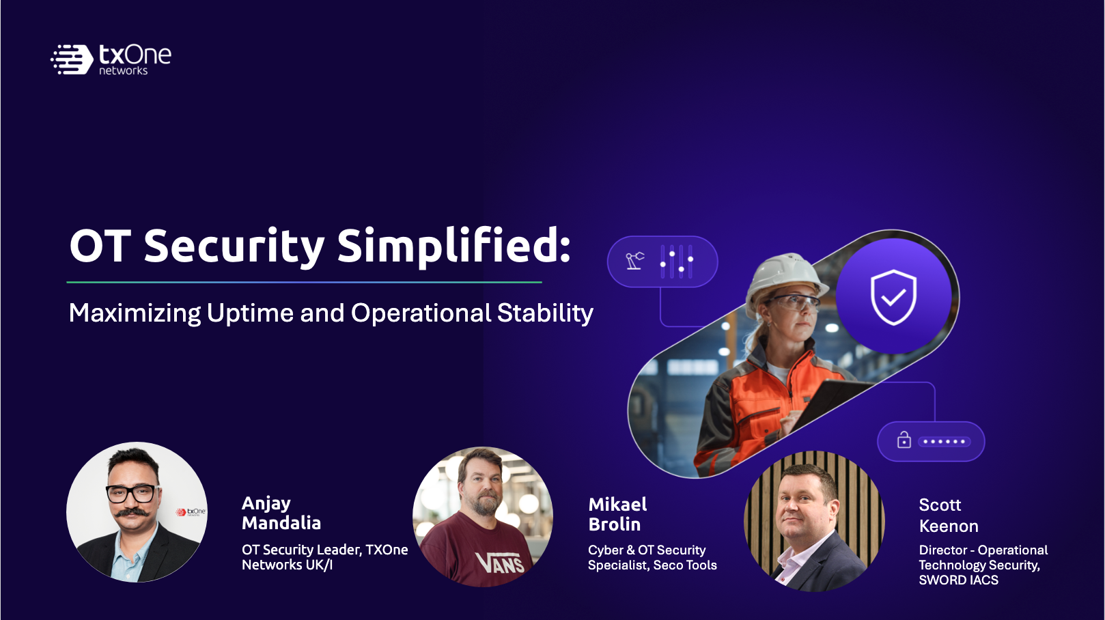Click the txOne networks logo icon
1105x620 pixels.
(72, 59)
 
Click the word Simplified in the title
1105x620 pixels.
(453, 246)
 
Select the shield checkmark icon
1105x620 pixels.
(893, 297)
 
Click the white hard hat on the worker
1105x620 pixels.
(784, 276)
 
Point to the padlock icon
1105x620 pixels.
(904, 440)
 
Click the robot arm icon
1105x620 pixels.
(635, 261)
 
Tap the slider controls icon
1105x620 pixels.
(677, 261)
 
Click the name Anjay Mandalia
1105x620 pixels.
(281, 513)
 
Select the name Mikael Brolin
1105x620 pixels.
(617, 514)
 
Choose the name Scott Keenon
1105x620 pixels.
(948, 516)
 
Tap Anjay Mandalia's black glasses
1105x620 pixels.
(133, 493)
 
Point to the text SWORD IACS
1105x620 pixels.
(958, 580)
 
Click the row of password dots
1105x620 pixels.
(943, 442)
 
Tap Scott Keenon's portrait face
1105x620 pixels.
(806, 505)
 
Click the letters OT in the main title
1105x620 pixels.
(100, 246)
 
